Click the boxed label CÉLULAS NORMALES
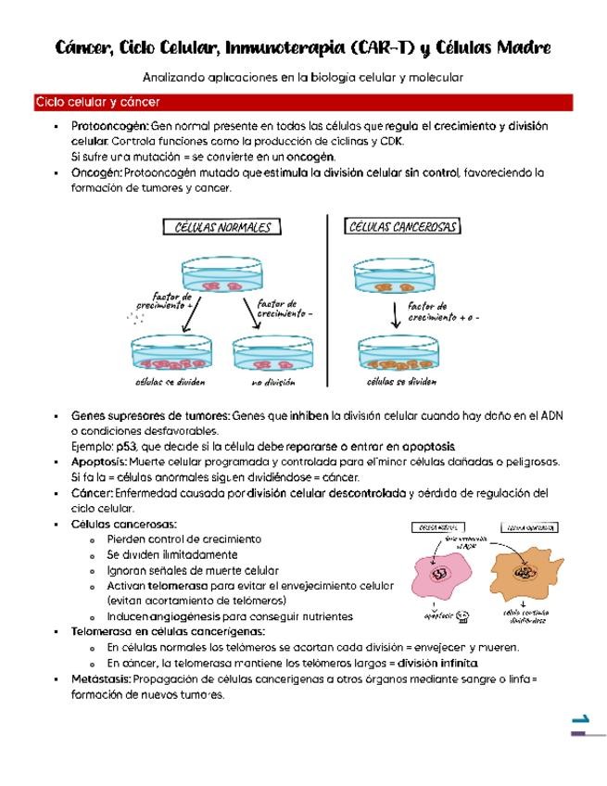223,227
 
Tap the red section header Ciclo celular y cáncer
97,102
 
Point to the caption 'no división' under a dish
272,381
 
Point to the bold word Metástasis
100,678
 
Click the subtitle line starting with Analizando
303,77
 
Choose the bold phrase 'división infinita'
436,664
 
